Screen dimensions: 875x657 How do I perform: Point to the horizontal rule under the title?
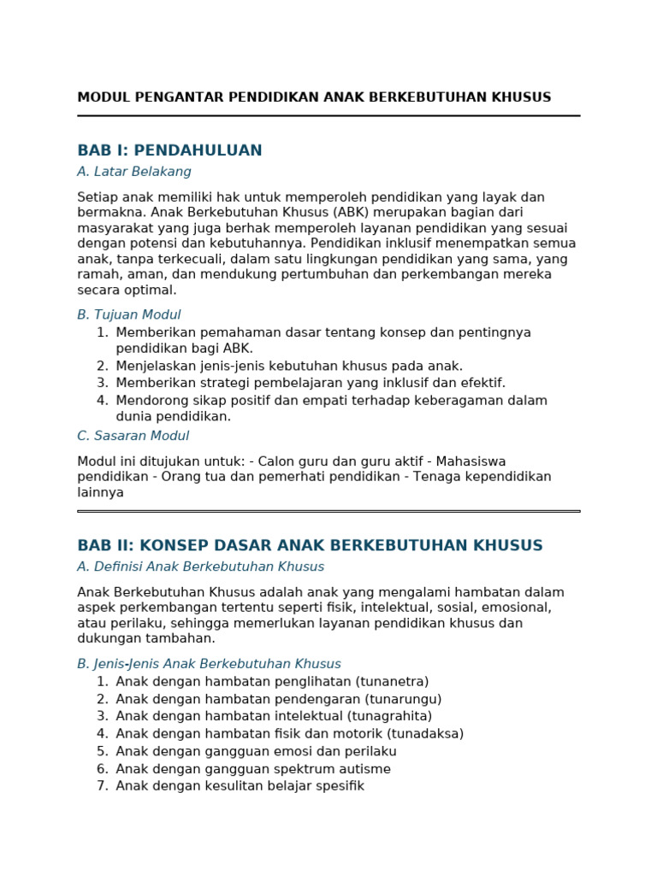pyautogui.click(x=328, y=115)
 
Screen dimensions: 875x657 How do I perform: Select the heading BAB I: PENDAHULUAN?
pyautogui.click(x=169, y=151)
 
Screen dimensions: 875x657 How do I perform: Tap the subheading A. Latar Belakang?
pyautogui.click(x=134, y=173)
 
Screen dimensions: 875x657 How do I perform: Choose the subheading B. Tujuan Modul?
pyautogui.click(x=129, y=314)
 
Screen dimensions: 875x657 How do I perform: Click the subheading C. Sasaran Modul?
pyautogui.click(x=133, y=436)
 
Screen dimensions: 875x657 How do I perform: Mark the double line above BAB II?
pyautogui.click(x=328, y=511)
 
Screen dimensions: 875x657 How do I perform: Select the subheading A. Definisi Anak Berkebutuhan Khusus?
pyautogui.click(x=201, y=567)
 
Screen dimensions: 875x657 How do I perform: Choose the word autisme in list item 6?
pyautogui.click(x=365, y=769)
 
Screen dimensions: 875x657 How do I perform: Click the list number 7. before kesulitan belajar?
pyautogui.click(x=103, y=786)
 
